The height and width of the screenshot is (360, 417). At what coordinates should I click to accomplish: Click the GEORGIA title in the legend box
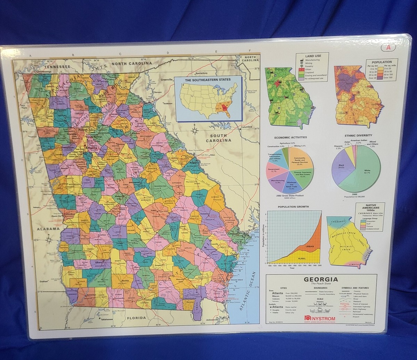point(321,279)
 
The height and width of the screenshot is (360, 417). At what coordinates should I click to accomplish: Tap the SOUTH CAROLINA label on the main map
point(218,138)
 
